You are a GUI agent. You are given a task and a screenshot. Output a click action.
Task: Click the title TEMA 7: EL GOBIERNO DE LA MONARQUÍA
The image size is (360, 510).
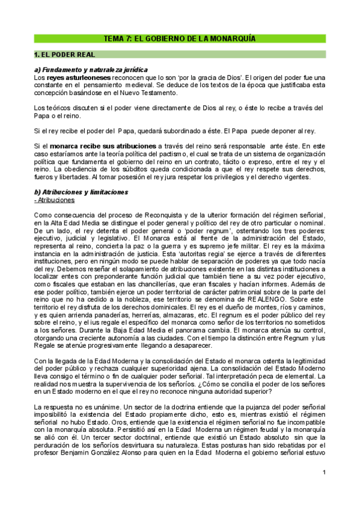tap(180, 38)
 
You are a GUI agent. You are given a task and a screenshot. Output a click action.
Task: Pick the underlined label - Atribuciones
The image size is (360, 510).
tap(55, 199)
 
